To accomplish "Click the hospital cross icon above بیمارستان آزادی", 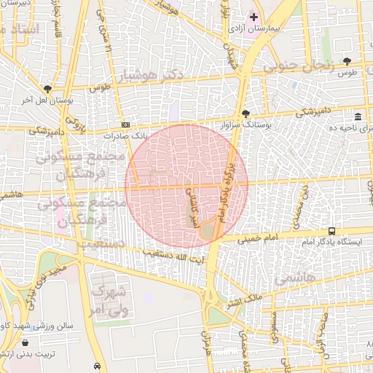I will (x=254, y=17).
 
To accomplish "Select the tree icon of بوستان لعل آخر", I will (x=47, y=89).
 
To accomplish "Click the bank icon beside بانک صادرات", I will (x=126, y=125).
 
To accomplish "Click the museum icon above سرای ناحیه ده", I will (x=358, y=117).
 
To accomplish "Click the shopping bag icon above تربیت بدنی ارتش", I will (x=26, y=343).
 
